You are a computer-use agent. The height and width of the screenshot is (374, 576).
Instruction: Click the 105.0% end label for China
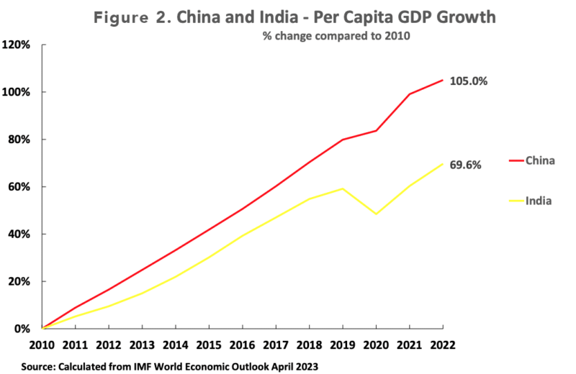coord(469,81)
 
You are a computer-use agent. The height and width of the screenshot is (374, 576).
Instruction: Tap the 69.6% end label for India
coord(465,165)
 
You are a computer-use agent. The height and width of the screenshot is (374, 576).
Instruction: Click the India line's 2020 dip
coord(375,214)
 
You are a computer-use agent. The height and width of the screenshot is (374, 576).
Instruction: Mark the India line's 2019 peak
coord(343,188)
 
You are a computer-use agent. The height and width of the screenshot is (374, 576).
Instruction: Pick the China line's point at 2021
coord(408,94)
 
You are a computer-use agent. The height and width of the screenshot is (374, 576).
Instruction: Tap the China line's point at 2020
coord(375,130)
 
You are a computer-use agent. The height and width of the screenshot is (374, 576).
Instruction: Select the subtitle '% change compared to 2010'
coord(336,37)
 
